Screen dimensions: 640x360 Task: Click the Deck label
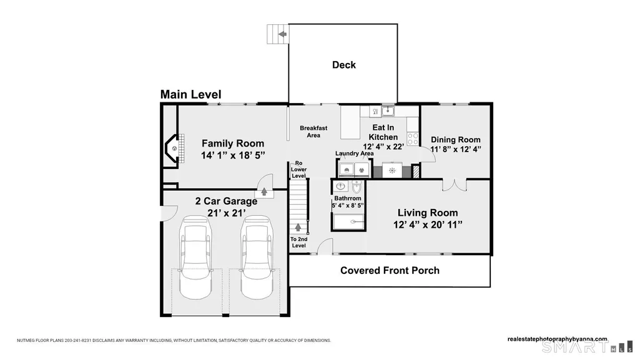tap(343, 65)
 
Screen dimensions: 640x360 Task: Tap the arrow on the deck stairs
tap(282, 34)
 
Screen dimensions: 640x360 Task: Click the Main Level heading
tap(190, 95)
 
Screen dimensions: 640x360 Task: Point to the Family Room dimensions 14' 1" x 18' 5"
tap(233, 155)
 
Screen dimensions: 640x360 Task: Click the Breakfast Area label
tap(313, 131)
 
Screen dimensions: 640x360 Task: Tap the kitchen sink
tap(387, 111)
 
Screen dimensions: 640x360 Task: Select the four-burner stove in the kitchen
tap(413, 139)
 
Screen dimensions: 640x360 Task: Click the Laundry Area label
tap(354, 153)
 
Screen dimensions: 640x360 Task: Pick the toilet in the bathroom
tap(357, 187)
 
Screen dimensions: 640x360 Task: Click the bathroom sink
tap(340, 187)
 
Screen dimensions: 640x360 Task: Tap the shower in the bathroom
tap(348, 222)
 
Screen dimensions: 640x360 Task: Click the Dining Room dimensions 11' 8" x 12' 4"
tap(456, 149)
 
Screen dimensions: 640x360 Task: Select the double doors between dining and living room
tap(455, 185)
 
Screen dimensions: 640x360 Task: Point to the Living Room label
tap(428, 213)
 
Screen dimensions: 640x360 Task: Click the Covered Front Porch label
tap(390, 271)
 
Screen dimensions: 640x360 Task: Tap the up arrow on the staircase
tap(298, 228)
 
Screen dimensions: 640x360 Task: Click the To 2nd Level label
tap(299, 242)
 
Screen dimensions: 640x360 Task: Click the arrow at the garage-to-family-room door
tap(264, 191)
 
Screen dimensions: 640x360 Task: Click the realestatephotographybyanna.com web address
tap(558, 339)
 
